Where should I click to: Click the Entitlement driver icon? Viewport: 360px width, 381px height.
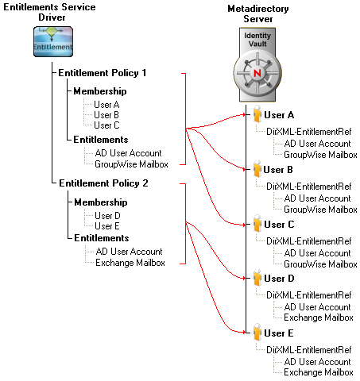point(53,41)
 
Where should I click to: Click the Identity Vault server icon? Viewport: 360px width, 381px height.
point(257,64)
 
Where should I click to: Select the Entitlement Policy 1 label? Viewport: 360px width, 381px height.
point(103,73)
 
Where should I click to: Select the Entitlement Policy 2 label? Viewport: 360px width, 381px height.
point(103,183)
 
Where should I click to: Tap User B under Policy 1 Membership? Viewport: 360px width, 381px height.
point(106,115)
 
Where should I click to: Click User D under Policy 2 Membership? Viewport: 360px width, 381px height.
point(107,216)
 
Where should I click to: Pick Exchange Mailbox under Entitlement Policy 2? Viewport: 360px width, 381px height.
point(130,263)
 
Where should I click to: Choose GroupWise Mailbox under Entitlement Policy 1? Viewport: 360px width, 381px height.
point(131,164)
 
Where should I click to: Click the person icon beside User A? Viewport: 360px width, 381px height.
point(257,114)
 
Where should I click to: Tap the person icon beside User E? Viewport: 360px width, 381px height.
point(257,332)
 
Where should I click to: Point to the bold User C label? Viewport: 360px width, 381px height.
point(279,225)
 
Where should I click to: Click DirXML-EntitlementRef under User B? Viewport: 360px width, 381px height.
point(309,187)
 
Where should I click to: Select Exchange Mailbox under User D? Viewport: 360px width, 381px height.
point(319,317)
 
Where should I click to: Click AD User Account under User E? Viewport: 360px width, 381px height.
point(317,362)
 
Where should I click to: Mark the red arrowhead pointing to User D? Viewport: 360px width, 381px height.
point(244,278)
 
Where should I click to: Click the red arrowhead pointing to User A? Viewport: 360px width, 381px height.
point(244,114)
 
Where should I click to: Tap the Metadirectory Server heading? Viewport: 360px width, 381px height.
point(258,13)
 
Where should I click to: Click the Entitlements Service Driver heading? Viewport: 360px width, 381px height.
point(49,12)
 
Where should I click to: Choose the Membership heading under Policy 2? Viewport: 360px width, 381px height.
point(101,202)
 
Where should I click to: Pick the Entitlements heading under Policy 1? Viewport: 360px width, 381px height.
point(101,140)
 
